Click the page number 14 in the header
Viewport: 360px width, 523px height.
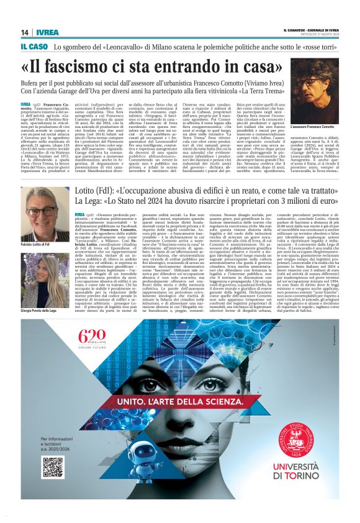click(x=25, y=32)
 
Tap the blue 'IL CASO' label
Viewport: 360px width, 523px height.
click(x=34, y=47)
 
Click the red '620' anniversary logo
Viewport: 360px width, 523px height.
click(x=93, y=338)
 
